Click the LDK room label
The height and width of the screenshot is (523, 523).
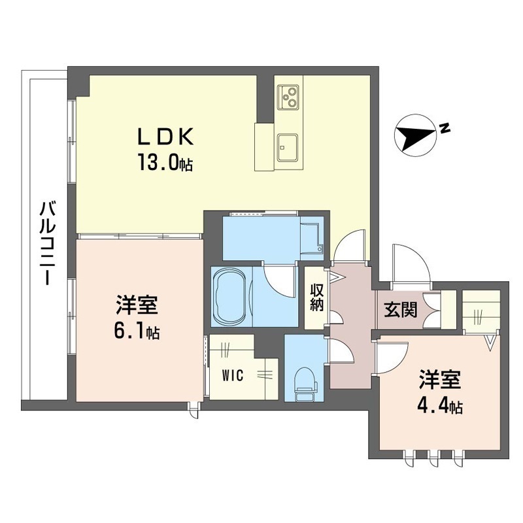pyautogui.click(x=166, y=137)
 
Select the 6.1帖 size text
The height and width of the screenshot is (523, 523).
pyautogui.click(x=137, y=332)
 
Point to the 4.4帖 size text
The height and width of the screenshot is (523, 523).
pyautogui.click(x=440, y=406)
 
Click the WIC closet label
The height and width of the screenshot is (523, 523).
pyautogui.click(x=233, y=376)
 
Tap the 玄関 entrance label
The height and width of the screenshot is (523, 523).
pyautogui.click(x=401, y=310)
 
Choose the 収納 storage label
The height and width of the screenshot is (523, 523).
pyautogui.click(x=316, y=297)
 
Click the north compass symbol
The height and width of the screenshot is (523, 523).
pyautogui.click(x=415, y=135)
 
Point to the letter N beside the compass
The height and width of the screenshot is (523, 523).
pyautogui.click(x=444, y=127)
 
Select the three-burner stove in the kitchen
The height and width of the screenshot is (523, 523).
pyautogui.click(x=288, y=96)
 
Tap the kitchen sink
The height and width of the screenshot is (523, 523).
pyautogui.click(x=288, y=147)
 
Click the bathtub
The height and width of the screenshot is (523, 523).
pyautogui.click(x=232, y=297)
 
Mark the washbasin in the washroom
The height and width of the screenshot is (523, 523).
pyautogui.click(x=312, y=238)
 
